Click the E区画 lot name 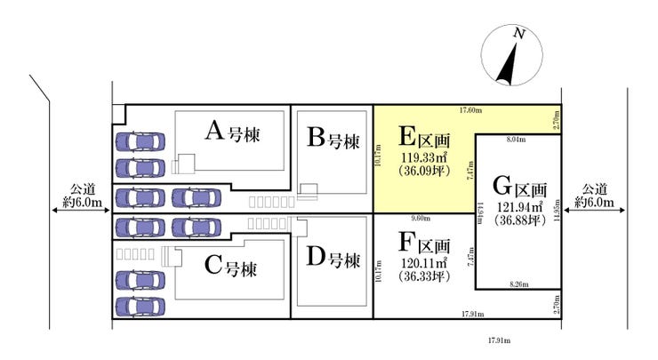click(x=423, y=138)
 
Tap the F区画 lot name click(x=423, y=243)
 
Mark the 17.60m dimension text click(x=470, y=110)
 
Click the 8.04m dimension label click(x=516, y=140)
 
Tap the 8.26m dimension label click(x=518, y=284)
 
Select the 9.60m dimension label click(x=421, y=219)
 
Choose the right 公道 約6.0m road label click(x=596, y=196)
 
